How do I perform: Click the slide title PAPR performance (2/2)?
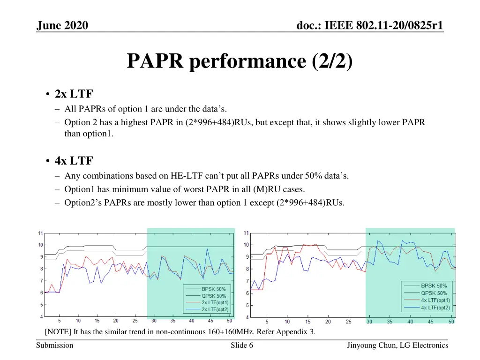click(240, 61)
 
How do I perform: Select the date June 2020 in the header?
click(62, 25)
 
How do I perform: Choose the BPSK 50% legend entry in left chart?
click(214, 289)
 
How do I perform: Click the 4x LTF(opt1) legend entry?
click(435, 300)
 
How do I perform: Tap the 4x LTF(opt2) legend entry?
click(435, 307)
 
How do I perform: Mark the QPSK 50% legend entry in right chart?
click(434, 293)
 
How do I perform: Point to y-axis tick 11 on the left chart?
click(41, 233)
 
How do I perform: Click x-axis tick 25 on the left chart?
click(135, 321)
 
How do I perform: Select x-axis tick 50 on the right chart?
click(451, 322)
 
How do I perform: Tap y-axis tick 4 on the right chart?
click(247, 317)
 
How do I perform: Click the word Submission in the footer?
click(55, 345)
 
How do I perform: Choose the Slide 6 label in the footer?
click(242, 345)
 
